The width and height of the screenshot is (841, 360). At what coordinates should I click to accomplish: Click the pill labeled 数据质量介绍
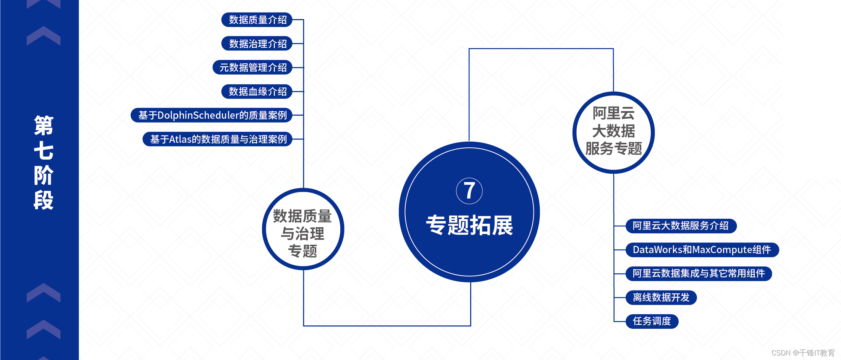click(x=257, y=20)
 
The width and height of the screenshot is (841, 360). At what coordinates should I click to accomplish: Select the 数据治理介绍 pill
click(x=257, y=44)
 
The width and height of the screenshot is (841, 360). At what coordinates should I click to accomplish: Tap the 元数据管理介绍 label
click(x=252, y=68)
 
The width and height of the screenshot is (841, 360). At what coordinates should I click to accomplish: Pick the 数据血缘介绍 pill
click(x=257, y=92)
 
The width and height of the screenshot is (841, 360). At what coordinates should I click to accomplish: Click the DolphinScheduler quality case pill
click(x=212, y=115)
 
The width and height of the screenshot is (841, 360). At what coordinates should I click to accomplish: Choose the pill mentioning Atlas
click(x=217, y=139)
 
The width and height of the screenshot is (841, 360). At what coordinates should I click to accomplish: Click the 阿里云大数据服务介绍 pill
click(x=681, y=226)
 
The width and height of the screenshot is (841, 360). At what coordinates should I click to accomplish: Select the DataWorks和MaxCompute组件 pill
click(x=702, y=250)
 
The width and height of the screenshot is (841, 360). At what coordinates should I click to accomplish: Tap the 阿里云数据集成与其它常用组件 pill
click(x=699, y=273)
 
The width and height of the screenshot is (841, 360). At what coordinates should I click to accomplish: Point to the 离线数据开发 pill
click(x=661, y=297)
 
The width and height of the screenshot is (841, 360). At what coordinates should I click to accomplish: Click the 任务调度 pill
click(x=652, y=321)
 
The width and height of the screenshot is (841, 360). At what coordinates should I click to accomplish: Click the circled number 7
click(x=469, y=190)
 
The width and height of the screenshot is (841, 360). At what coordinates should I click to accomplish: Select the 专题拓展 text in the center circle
click(x=469, y=225)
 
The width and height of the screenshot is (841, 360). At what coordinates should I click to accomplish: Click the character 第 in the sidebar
click(x=44, y=126)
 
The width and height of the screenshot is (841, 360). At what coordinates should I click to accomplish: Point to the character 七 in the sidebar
click(x=44, y=151)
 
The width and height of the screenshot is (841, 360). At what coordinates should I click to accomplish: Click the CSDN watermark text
click(x=802, y=353)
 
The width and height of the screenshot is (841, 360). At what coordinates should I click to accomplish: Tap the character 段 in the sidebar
click(x=44, y=200)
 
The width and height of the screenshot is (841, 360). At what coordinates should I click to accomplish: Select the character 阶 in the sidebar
click(x=44, y=175)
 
